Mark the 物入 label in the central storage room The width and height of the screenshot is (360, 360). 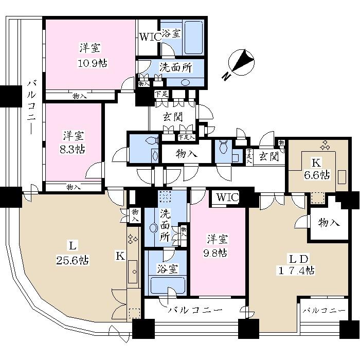(x=187, y=154)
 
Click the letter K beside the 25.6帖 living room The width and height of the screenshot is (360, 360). (x=119, y=256)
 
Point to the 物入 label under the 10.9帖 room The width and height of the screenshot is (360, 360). (x=79, y=96)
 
